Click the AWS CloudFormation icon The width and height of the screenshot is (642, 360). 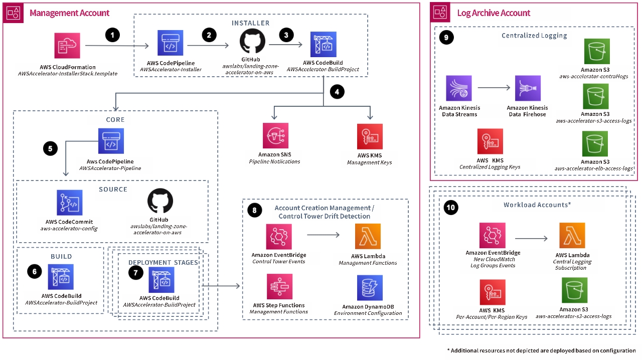67,46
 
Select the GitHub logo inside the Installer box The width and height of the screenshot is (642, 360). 252,42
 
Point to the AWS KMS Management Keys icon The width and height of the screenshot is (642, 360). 369,137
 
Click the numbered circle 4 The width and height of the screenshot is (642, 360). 338,92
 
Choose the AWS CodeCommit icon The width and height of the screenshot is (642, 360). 70,203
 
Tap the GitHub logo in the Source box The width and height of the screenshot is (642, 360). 160,201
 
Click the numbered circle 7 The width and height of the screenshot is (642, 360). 135,273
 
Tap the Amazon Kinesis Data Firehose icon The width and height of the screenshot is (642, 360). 528,88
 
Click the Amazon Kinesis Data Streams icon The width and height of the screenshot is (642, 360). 459,88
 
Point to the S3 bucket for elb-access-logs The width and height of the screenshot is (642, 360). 595,144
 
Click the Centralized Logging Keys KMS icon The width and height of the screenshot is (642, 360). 490,142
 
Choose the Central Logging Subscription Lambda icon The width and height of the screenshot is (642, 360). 572,236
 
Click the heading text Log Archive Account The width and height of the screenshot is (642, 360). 494,13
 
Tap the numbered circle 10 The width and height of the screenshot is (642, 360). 451,208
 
